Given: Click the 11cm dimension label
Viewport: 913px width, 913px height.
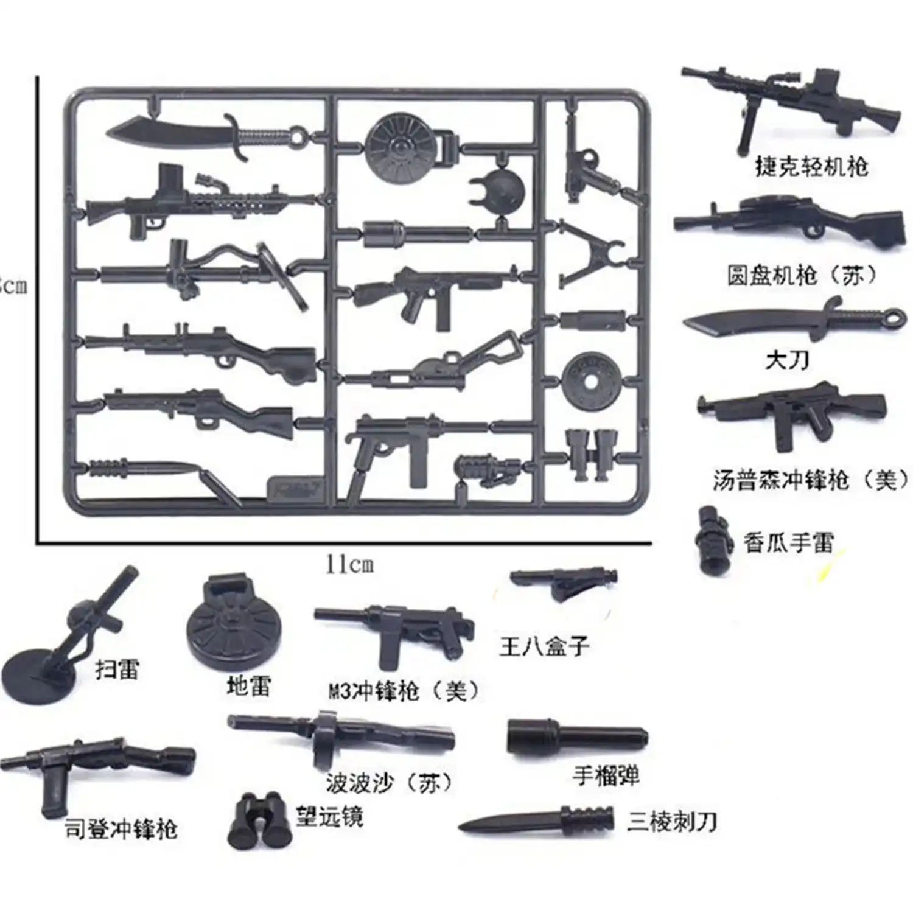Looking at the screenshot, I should (349, 565).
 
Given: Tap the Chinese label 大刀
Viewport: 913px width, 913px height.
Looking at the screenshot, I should (786, 360).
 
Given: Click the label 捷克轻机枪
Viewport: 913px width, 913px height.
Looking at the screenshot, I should (811, 166).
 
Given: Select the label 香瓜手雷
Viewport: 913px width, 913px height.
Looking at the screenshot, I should (788, 542).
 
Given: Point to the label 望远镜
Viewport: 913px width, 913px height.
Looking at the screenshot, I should (329, 816).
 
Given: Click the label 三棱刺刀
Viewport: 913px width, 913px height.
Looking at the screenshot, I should (671, 822).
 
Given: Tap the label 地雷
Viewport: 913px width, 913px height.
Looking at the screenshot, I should (248, 687).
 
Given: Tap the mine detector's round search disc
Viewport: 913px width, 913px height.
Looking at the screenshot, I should (40, 674).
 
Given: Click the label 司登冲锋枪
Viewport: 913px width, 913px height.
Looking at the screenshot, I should (121, 829).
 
